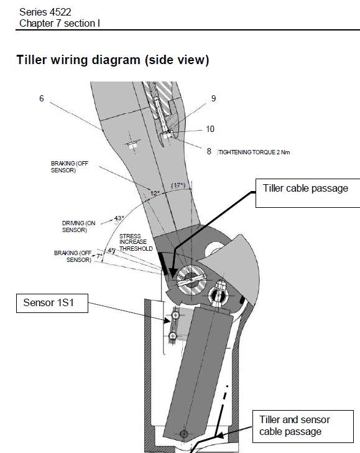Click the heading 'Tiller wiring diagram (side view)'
(x=113, y=60)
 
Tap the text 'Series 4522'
(x=45, y=12)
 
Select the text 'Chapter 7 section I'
(x=60, y=24)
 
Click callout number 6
(x=42, y=98)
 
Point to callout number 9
(x=213, y=98)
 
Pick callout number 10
(x=210, y=129)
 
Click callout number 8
(x=209, y=151)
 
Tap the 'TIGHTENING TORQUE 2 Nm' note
(x=254, y=152)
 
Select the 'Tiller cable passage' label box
(x=308, y=193)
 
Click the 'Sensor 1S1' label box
(x=52, y=303)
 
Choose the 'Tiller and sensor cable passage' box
(x=303, y=426)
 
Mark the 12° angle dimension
(x=155, y=193)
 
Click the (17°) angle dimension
(x=178, y=185)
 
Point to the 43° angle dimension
(x=119, y=218)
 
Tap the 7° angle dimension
(x=99, y=256)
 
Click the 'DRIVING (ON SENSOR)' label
(x=78, y=226)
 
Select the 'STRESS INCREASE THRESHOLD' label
(x=136, y=243)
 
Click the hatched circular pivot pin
(x=191, y=279)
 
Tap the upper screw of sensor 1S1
(x=175, y=315)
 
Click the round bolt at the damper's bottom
(x=184, y=434)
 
